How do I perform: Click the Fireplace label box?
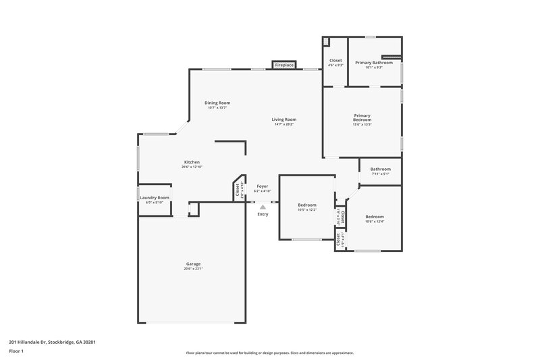coord(284,65)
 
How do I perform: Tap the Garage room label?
coord(194,263)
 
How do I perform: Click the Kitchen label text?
coord(192,162)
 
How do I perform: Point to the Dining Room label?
coord(217,103)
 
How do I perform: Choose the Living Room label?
coord(285,120)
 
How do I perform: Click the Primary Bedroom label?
coord(362,118)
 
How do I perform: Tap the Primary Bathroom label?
coord(374,62)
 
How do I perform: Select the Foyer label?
coord(262,186)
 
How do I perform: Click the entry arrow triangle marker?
coord(263,207)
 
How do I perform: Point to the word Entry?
coord(263,214)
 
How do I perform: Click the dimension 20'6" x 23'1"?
coord(193,269)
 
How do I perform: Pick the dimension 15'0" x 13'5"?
coord(362,124)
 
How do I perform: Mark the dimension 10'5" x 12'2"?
coord(307,209)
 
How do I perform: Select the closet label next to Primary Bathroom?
coord(335,61)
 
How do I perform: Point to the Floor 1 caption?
coord(16,352)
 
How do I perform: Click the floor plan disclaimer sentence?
coord(269,353)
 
